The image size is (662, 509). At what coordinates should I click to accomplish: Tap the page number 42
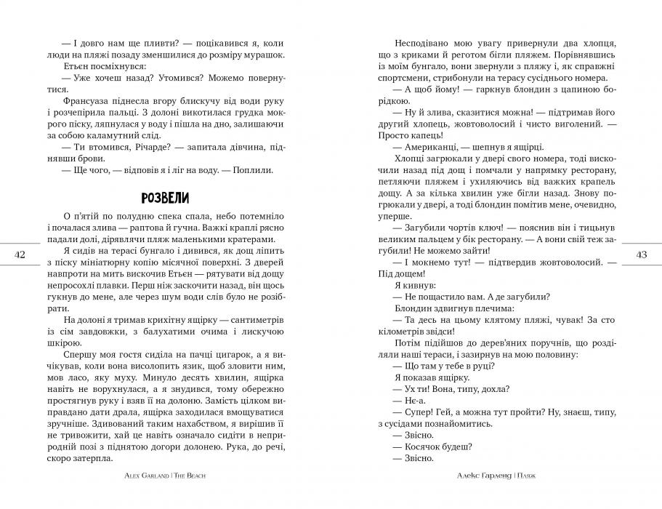tap(20, 254)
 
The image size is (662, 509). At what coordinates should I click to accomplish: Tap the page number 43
tap(642, 254)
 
